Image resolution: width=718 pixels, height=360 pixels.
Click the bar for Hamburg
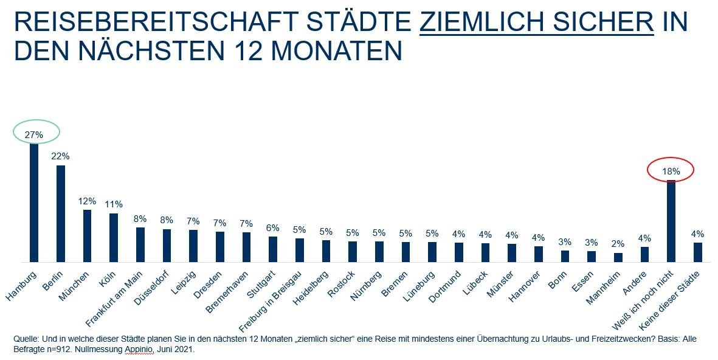pos(34,202)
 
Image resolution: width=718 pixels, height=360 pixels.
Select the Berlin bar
pos(61,213)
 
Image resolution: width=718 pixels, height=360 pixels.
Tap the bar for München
pos(88,235)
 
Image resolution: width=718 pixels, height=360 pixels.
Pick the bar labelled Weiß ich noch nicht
pos(671,221)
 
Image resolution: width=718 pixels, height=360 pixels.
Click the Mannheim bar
pos(618,257)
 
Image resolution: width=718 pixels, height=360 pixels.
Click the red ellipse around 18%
pos(671,171)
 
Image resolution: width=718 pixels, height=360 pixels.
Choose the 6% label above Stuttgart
pos(273,228)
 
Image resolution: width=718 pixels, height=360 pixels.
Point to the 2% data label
pos(618,244)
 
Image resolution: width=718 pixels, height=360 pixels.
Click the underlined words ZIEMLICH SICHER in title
pos(537,23)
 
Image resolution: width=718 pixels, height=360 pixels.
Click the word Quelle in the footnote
pos(25,337)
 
